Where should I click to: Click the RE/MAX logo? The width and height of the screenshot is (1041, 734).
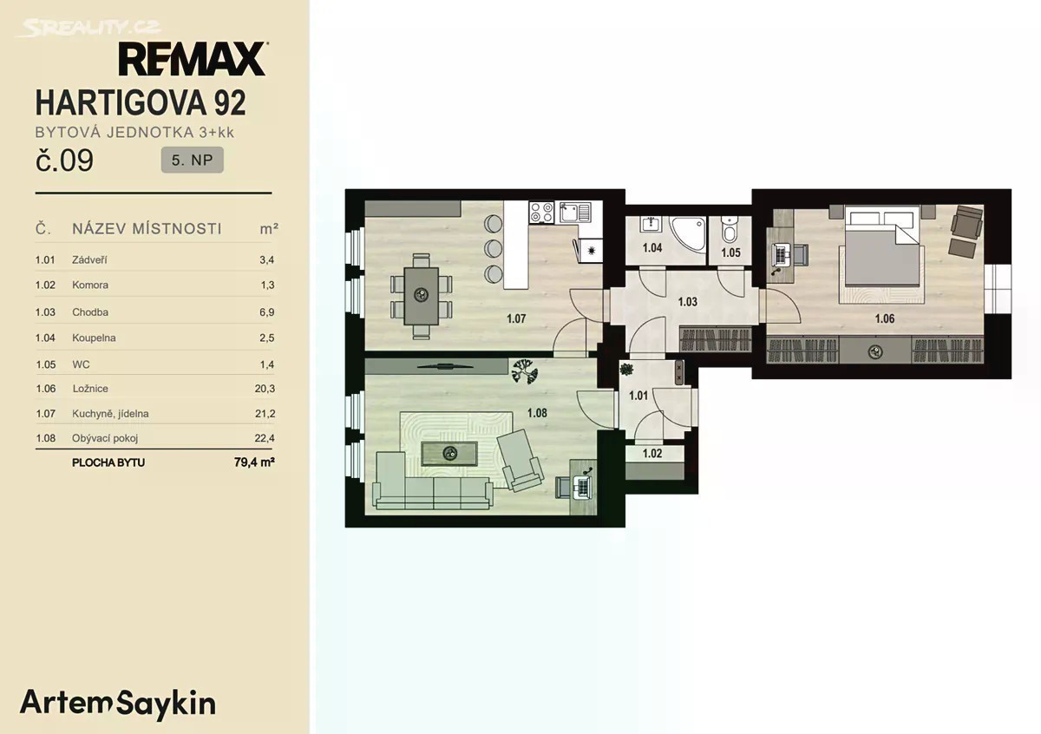pyautogui.click(x=193, y=59)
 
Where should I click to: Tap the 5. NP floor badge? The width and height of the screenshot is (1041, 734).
pyautogui.click(x=192, y=160)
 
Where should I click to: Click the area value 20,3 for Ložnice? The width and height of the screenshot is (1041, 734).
pyautogui.click(x=265, y=389)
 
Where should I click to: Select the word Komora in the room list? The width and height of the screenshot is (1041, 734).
pyautogui.click(x=90, y=285)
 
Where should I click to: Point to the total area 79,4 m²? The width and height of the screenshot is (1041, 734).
pyautogui.click(x=254, y=462)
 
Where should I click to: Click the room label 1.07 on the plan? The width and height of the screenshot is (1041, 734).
pyautogui.click(x=516, y=318)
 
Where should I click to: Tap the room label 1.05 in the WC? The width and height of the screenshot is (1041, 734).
pyautogui.click(x=730, y=252)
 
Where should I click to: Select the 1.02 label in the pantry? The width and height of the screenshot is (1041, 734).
pyautogui.click(x=652, y=453)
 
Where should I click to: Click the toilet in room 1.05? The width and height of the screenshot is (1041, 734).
pyautogui.click(x=730, y=229)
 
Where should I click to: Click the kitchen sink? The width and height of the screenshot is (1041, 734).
pyautogui.click(x=575, y=213)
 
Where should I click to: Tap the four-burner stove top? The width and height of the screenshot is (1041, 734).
pyautogui.click(x=541, y=213)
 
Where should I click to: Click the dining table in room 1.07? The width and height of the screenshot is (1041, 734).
pyautogui.click(x=422, y=296)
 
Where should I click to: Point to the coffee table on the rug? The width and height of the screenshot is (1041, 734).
pyautogui.click(x=449, y=453)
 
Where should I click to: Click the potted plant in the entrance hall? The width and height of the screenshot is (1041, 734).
pyautogui.click(x=626, y=370)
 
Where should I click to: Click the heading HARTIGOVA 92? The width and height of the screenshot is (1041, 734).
pyautogui.click(x=141, y=102)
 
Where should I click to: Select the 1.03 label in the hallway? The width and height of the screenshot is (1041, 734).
pyautogui.click(x=687, y=302)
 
